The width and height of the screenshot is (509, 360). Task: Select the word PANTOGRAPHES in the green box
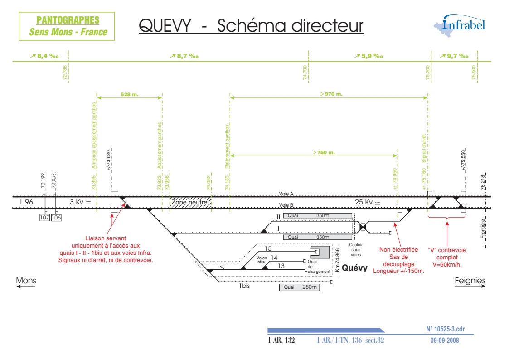point(68,20)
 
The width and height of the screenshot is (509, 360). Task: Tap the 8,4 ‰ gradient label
point(44,56)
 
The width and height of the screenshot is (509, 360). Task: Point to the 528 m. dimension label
point(130,94)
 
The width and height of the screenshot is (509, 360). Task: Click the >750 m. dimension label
point(323,152)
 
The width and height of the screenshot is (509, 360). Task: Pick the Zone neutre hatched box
point(190,202)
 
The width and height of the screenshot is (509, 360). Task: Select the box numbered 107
point(44,218)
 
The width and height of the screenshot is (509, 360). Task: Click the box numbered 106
point(56,218)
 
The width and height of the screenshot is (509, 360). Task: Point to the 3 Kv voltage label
point(80,202)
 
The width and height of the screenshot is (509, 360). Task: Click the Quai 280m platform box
point(299,287)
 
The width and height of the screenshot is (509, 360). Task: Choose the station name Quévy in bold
point(354,268)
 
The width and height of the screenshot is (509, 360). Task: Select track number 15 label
point(268,248)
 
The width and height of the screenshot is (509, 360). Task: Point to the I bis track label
point(244,286)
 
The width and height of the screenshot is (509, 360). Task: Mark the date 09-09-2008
point(445,340)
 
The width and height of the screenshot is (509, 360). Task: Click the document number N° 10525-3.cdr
point(446,329)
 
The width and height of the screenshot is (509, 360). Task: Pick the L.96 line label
point(26,202)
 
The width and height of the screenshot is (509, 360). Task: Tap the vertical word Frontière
point(483,229)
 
